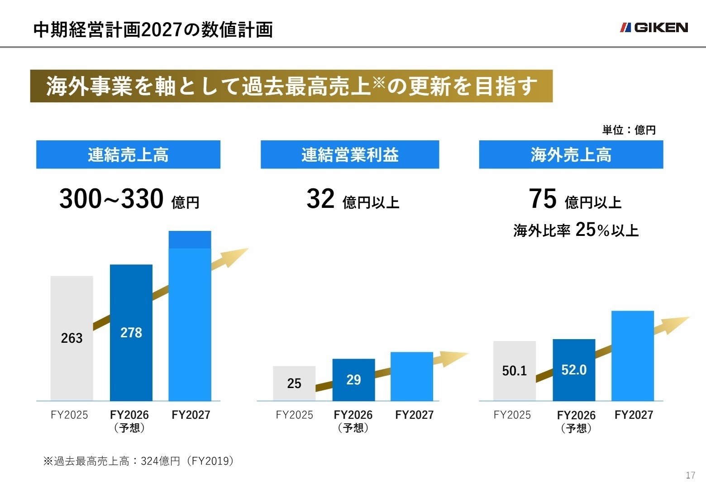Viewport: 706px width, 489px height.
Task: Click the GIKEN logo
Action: click(x=654, y=28)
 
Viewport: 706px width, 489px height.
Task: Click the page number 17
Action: click(x=690, y=475)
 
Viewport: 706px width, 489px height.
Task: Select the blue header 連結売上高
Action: click(x=128, y=155)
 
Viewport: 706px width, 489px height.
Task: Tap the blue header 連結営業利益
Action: click(x=350, y=155)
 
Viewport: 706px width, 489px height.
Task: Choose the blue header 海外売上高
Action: click(x=571, y=155)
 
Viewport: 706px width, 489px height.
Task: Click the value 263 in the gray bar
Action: click(x=72, y=338)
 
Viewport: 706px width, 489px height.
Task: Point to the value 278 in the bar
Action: click(x=131, y=333)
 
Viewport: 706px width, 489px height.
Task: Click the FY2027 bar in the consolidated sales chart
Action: click(x=190, y=317)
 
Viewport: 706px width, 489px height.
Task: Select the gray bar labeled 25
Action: click(x=294, y=383)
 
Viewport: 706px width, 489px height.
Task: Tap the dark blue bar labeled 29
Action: click(x=353, y=379)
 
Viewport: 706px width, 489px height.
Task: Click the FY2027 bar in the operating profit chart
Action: click(x=412, y=376)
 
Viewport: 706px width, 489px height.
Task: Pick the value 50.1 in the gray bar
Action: click(x=515, y=371)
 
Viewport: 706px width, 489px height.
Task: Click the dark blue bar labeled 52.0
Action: click(x=574, y=370)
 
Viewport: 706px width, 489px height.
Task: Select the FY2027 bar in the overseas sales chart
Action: click(x=633, y=356)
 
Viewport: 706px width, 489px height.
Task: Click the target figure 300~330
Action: click(x=111, y=199)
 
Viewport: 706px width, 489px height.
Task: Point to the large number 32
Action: click(x=320, y=199)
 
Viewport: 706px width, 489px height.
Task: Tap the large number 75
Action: click(x=543, y=199)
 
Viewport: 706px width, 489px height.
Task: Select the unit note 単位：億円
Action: click(x=629, y=130)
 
